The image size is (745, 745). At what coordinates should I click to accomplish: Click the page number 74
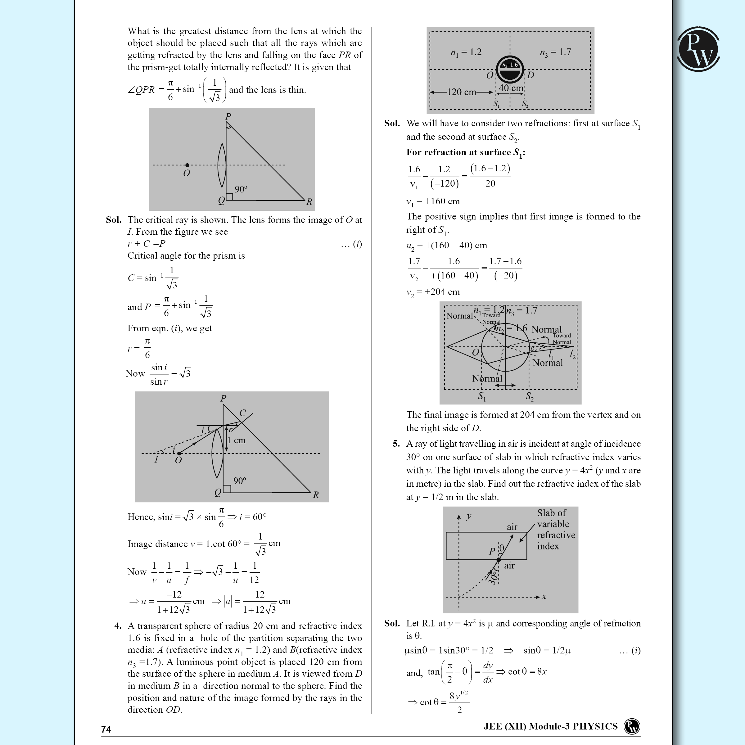tap(106, 729)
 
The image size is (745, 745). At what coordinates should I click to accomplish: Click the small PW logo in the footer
tap(632, 726)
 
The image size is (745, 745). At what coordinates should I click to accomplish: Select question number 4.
tap(118, 626)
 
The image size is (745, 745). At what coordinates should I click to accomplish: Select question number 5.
tap(396, 444)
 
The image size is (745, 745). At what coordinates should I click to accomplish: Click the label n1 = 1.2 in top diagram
tap(466, 52)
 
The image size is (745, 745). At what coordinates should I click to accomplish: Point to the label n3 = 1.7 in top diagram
tap(555, 52)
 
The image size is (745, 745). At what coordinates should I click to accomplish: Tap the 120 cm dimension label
tap(461, 92)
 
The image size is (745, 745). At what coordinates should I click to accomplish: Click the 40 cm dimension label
tap(511, 88)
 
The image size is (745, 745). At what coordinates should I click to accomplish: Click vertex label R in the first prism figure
tap(309, 202)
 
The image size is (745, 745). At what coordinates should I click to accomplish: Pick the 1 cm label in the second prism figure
tap(236, 440)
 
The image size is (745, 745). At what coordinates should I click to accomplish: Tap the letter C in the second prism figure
tap(242, 413)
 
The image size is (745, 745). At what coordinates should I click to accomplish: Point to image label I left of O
tap(156, 460)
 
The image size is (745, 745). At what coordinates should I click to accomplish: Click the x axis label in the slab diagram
tap(544, 597)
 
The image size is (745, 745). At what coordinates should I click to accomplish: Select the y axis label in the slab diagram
tap(469, 516)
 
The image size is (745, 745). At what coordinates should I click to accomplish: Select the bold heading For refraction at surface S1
tap(465, 153)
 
